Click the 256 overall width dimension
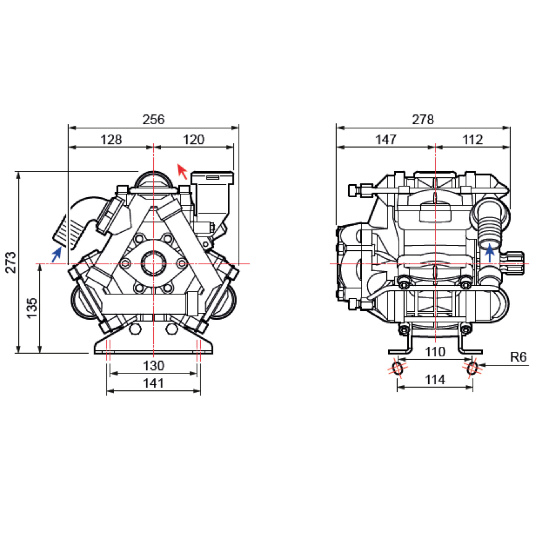(x=153, y=119)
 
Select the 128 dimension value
(x=111, y=139)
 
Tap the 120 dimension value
(x=194, y=139)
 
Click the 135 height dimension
(x=32, y=308)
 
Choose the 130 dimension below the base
(x=154, y=365)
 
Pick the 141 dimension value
(x=154, y=383)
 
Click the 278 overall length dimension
(x=423, y=119)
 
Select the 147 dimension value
(x=386, y=139)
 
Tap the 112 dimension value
(x=473, y=139)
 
